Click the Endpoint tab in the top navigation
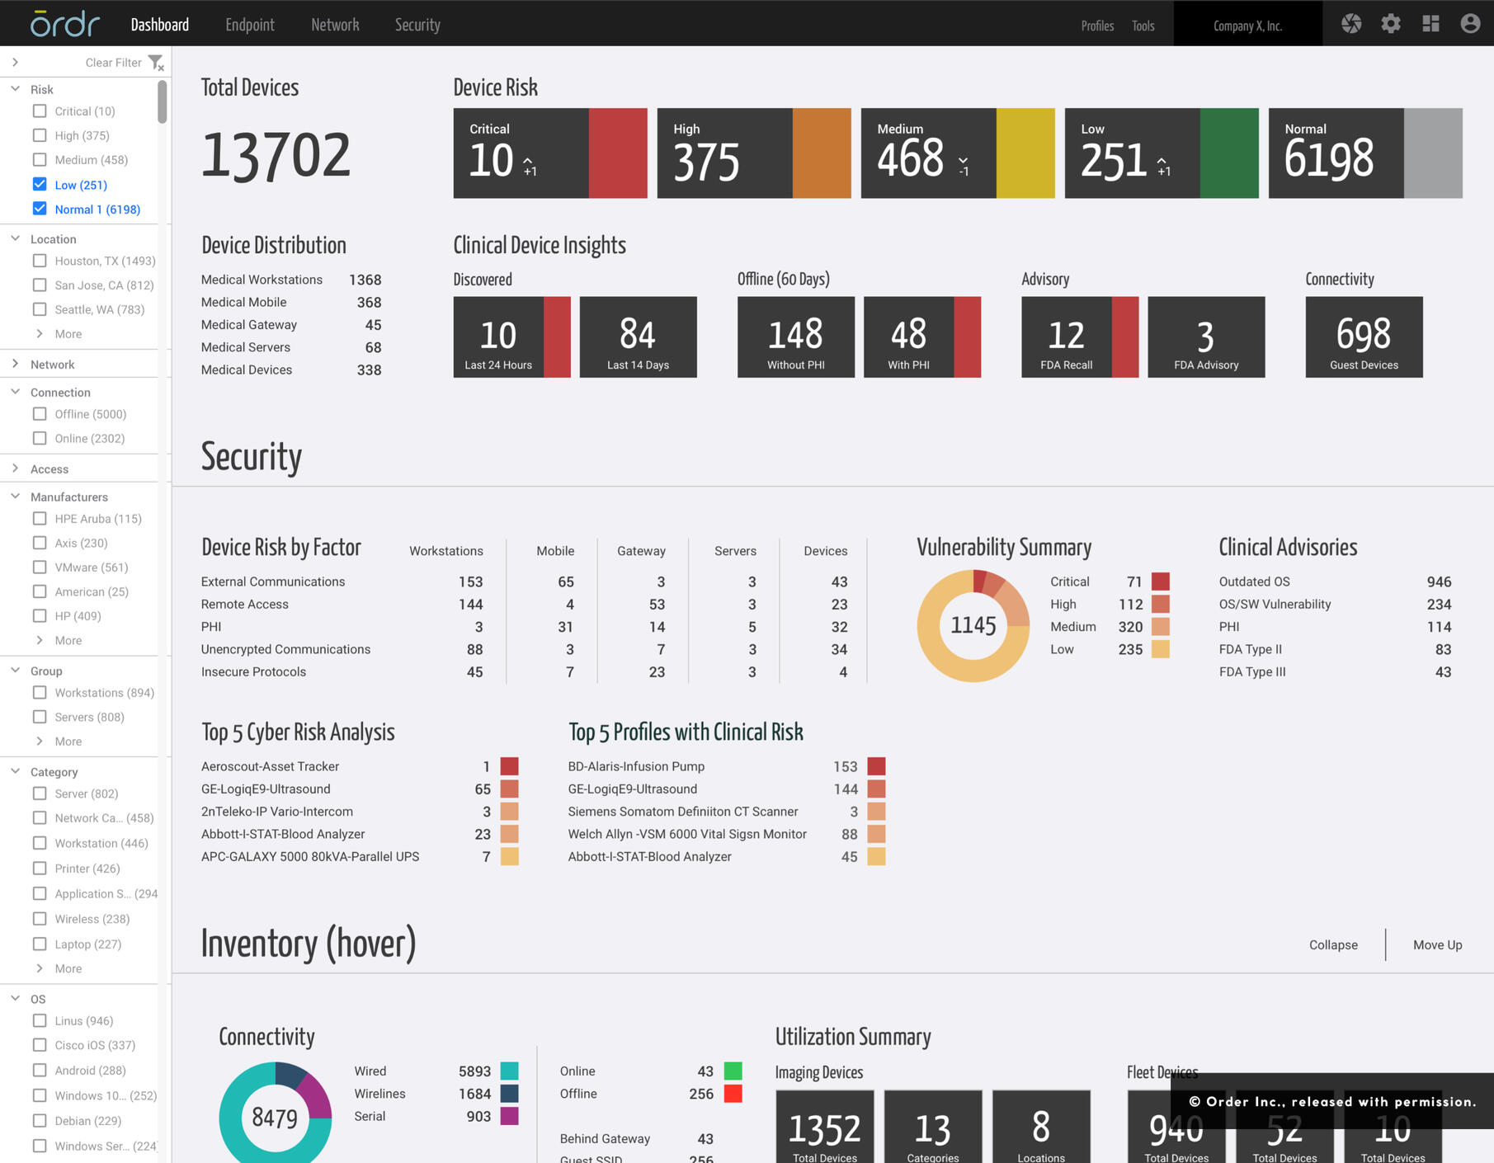(249, 25)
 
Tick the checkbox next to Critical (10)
(40, 111)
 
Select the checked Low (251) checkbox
(40, 184)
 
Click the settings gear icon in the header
(1391, 24)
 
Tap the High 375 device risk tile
(753, 153)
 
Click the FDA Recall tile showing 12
(1079, 337)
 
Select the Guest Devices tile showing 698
(1363, 337)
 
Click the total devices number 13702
(276, 155)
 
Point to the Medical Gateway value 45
(373, 325)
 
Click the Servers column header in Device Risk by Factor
(734, 551)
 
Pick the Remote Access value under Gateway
(657, 605)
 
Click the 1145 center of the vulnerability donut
(973, 625)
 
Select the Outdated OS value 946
(1438, 582)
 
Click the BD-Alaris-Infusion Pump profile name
(635, 766)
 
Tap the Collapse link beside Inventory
(1332, 945)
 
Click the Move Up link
(1436, 945)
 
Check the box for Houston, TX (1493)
(40, 261)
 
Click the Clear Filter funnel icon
(155, 63)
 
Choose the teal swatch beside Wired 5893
(509, 1071)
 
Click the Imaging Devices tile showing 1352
(824, 1128)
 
